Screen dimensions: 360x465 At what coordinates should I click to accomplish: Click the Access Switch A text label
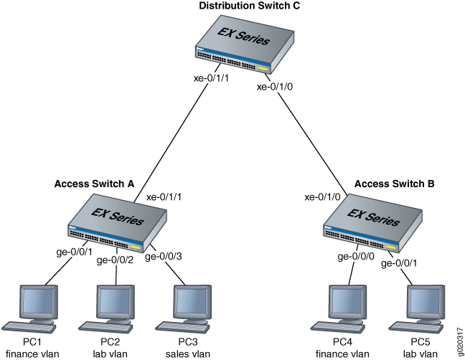click(95, 183)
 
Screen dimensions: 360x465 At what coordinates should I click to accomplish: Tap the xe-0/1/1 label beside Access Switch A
click(166, 196)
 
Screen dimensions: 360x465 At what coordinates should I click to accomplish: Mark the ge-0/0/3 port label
click(163, 256)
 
